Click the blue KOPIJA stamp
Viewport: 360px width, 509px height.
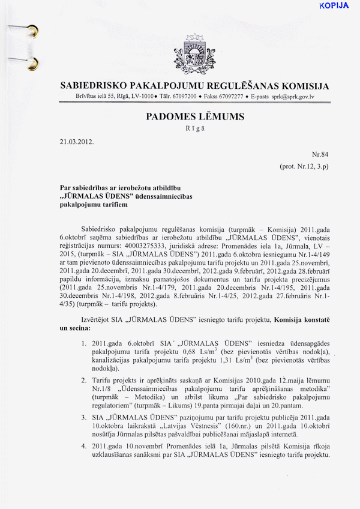click(x=334, y=6)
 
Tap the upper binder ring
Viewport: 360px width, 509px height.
click(x=32, y=29)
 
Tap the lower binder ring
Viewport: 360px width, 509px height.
click(x=32, y=61)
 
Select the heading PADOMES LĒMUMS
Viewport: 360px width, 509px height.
click(x=194, y=117)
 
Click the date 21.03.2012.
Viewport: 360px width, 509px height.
click(x=77, y=143)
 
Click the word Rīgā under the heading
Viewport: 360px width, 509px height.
click(x=194, y=129)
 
